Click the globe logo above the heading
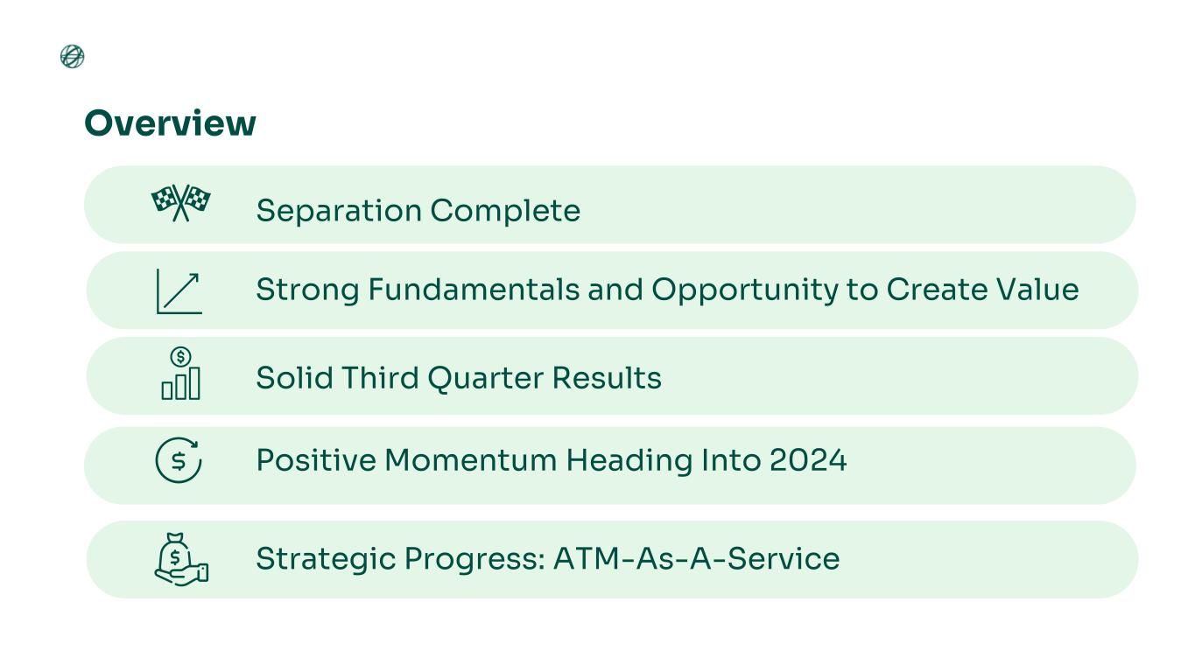click(x=72, y=57)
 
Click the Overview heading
click(x=170, y=123)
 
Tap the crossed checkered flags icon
click(x=181, y=203)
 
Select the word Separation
click(x=339, y=211)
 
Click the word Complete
click(x=505, y=211)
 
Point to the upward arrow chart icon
click(x=179, y=291)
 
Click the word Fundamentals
click(x=474, y=290)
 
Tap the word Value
click(x=1037, y=290)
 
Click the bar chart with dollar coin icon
click(x=181, y=374)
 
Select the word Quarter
click(x=486, y=379)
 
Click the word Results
click(x=607, y=378)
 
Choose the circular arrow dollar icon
click(x=179, y=459)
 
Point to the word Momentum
click(x=471, y=460)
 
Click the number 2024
click(x=808, y=460)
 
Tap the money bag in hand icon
click(x=181, y=559)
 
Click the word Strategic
click(x=326, y=560)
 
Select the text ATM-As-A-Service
click(x=697, y=559)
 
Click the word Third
click(x=380, y=378)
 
